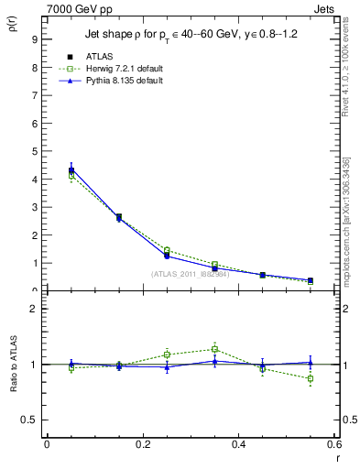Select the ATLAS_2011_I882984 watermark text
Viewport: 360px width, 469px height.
[192, 274]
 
